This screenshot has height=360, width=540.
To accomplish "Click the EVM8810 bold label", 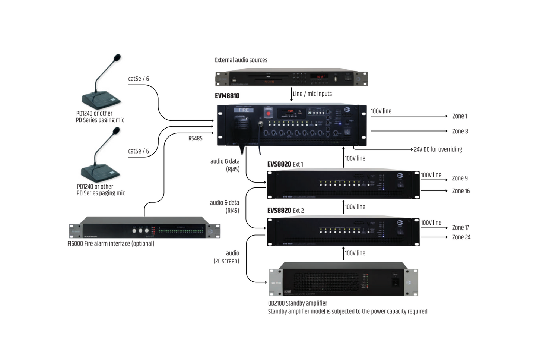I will [x=227, y=96].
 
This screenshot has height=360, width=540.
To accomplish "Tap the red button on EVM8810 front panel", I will [x=268, y=113].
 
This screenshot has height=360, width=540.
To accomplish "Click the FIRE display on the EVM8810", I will [x=244, y=110].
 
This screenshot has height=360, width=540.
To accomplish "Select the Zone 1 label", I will [x=460, y=116].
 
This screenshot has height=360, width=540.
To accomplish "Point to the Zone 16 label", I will [x=461, y=191].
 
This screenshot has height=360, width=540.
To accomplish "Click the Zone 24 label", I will [x=461, y=237].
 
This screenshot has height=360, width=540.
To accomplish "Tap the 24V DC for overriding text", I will [x=438, y=149].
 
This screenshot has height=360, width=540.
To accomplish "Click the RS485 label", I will [x=195, y=138].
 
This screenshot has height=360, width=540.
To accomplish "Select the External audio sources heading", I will [x=241, y=60].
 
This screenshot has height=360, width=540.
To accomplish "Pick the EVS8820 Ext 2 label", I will [x=285, y=211].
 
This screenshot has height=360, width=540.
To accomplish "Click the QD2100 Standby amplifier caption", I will [x=298, y=303].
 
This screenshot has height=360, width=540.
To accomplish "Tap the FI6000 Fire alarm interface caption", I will [x=111, y=244].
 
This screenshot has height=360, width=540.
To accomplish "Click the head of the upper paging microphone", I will [x=117, y=58].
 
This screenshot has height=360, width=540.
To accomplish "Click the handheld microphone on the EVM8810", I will [x=241, y=127].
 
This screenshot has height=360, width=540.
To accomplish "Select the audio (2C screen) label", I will [x=226, y=257].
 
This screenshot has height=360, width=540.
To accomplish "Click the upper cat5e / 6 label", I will [x=138, y=79].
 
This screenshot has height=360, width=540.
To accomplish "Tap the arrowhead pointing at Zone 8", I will [x=446, y=131].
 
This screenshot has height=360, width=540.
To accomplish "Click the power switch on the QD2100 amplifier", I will [x=395, y=282].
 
